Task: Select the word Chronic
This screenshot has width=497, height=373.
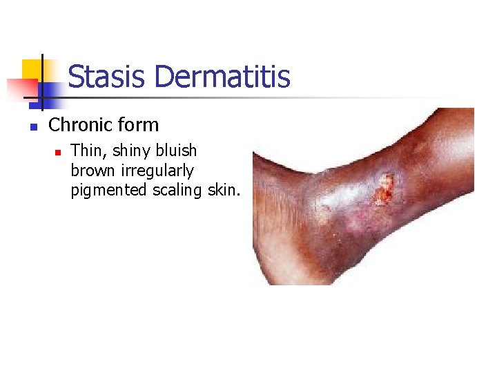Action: click(x=79, y=125)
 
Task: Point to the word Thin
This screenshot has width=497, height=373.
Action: click(x=86, y=151)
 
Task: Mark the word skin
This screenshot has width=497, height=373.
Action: click(x=224, y=189)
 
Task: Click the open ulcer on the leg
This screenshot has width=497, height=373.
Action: click(x=384, y=189)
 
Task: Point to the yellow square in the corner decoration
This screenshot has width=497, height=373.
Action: click(x=32, y=70)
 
